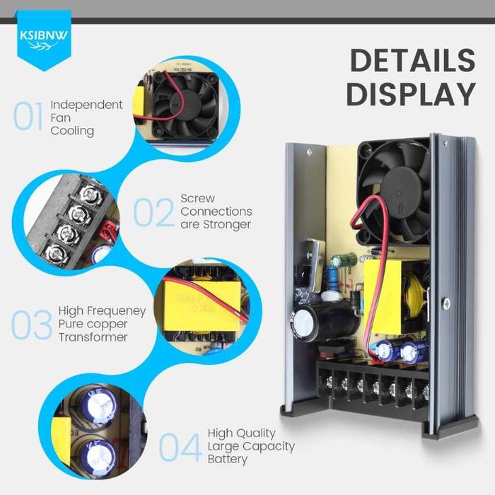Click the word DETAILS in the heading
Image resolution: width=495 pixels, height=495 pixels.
pyautogui.click(x=412, y=61)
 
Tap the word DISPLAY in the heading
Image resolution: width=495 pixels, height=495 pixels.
pyautogui.click(x=411, y=94)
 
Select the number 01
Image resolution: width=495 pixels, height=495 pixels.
pyautogui.click(x=29, y=117)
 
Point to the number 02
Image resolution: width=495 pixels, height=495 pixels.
pyautogui.click(x=153, y=212)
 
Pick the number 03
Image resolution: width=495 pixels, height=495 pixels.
pyautogui.click(x=32, y=325)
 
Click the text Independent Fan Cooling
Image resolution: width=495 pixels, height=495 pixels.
pyautogui.click(x=86, y=117)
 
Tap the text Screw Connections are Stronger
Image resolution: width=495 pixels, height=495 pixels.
pyautogui.click(x=216, y=211)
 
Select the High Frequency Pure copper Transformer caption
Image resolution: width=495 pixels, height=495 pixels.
pyautogui.click(x=103, y=324)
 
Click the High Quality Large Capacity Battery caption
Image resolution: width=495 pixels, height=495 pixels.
pyautogui.click(x=250, y=445)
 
